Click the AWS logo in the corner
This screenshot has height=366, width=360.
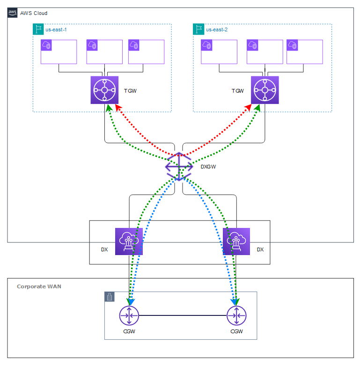(12, 13)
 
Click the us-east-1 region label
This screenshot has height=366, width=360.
(56, 29)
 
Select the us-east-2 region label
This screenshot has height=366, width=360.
(217, 29)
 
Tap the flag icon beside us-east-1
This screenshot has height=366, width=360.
(38, 29)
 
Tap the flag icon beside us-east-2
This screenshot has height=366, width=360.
(198, 29)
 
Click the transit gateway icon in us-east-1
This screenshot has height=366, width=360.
(104, 90)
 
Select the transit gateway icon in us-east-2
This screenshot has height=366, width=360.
(265, 90)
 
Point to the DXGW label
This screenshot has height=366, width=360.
(208, 167)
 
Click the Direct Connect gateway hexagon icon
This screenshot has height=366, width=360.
(179, 167)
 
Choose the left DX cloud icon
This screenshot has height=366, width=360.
(129, 242)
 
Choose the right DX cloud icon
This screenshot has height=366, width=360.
(236, 242)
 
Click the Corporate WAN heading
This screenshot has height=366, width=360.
(39, 286)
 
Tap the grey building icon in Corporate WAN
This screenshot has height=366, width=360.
(110, 297)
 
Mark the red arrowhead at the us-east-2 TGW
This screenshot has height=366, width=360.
(248, 108)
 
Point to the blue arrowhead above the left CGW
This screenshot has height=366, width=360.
(132, 302)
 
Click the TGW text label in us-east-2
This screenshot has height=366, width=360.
(238, 91)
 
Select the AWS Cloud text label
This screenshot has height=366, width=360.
(34, 13)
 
